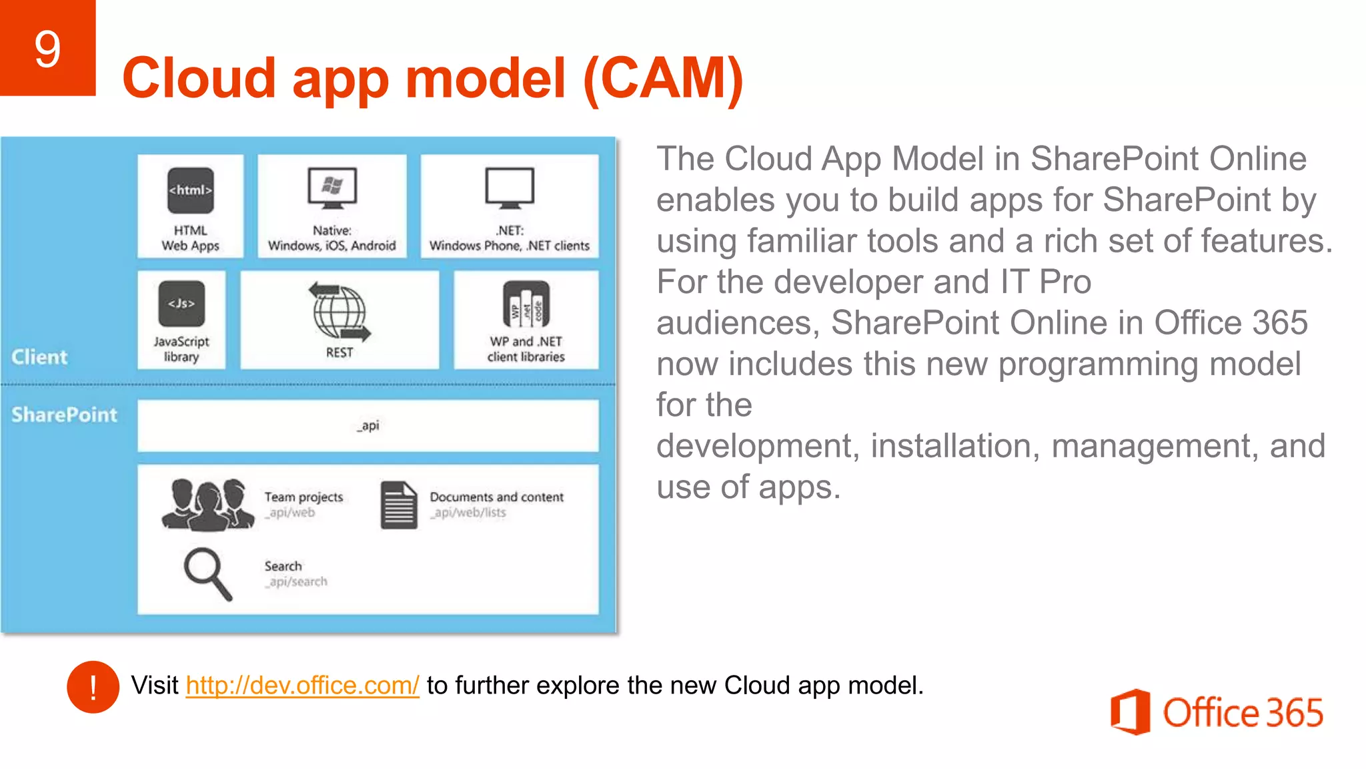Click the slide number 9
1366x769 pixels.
[47, 49]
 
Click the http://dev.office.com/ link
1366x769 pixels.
[302, 686]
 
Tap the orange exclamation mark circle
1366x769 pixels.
[93, 687]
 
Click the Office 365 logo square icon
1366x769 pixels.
[1130, 712]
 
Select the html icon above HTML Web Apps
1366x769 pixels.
[191, 190]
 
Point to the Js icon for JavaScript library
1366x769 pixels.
[181, 304]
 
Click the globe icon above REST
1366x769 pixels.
[339, 312]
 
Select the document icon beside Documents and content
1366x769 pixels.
[399, 505]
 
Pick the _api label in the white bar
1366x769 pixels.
[368, 425]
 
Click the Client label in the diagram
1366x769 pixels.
[39, 357]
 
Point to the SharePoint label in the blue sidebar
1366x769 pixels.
[64, 415]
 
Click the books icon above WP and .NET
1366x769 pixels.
[526, 304]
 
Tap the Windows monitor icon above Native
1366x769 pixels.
[332, 188]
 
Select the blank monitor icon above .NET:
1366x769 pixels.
[510, 188]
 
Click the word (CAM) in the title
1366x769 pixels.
[663, 78]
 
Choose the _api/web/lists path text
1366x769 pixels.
[468, 513]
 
